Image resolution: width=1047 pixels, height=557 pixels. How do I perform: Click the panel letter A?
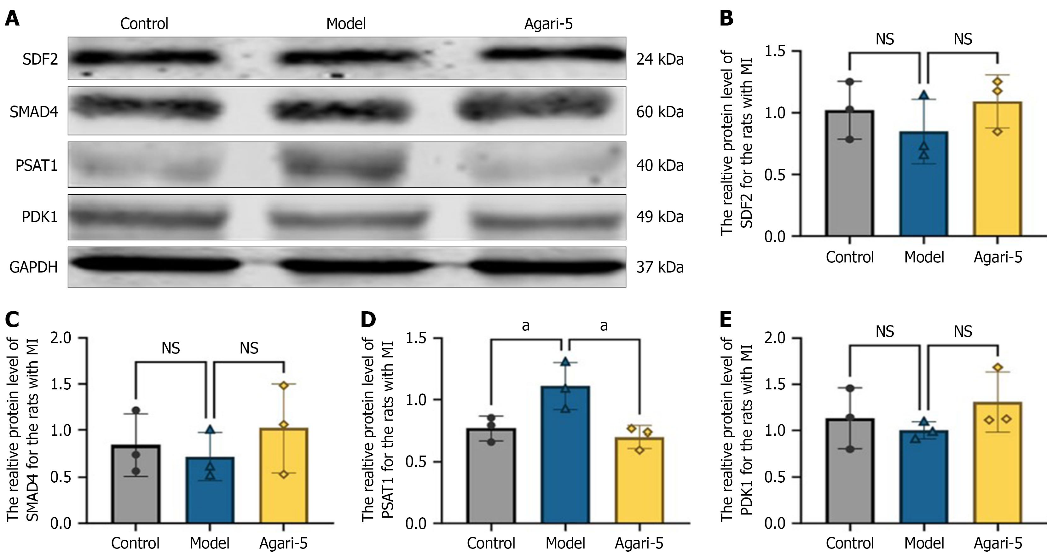coord(12,19)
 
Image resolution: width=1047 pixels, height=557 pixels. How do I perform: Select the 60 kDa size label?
coord(660,112)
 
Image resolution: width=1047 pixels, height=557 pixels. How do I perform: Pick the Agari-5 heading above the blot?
coord(548,24)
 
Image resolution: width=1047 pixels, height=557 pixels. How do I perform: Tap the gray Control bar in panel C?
coord(136,484)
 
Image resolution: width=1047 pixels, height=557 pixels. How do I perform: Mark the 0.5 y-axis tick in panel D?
coord(416,462)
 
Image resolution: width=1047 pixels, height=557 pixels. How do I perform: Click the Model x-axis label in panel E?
coord(924,543)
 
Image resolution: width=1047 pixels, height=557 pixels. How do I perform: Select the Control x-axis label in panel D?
coord(491,543)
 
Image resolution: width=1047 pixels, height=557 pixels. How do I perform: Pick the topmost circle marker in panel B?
coord(849,82)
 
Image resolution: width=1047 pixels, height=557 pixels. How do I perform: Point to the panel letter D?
coord(368,320)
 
